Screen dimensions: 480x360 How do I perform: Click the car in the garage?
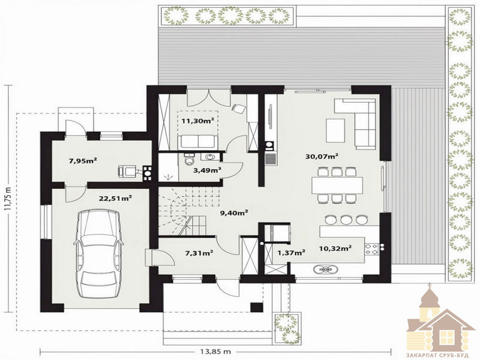pyautogui.click(x=98, y=253)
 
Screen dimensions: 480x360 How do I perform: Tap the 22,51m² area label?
pyautogui.click(x=115, y=199)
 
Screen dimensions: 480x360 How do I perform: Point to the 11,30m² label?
pyautogui.click(x=197, y=121)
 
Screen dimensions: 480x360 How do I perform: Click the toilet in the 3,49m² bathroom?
pyautogui.click(x=190, y=159)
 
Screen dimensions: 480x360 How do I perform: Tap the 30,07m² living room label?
pyautogui.click(x=322, y=157)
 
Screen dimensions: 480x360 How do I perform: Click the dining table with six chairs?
pyautogui.click(x=337, y=185)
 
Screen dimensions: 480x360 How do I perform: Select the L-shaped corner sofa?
pyautogui.click(x=356, y=124)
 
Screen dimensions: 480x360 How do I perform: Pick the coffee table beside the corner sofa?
pyautogui.click(x=335, y=131)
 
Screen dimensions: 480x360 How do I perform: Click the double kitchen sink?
pyautogui.click(x=325, y=269)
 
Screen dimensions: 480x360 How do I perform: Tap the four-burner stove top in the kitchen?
pyautogui.click(x=371, y=248)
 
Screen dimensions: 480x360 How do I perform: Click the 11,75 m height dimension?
pyautogui.click(x=8, y=198)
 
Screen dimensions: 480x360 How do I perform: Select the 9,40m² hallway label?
pyautogui.click(x=234, y=213)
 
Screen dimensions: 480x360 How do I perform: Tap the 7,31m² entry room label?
pyautogui.click(x=199, y=253)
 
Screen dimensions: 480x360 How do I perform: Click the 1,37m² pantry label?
pyautogui.click(x=291, y=253)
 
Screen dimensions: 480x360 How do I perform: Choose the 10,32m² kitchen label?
pyautogui.click(x=335, y=248)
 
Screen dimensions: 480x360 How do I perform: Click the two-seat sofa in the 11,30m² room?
pyautogui.click(x=198, y=142)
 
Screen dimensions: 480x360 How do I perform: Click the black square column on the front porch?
pyautogui.click(x=257, y=307)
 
